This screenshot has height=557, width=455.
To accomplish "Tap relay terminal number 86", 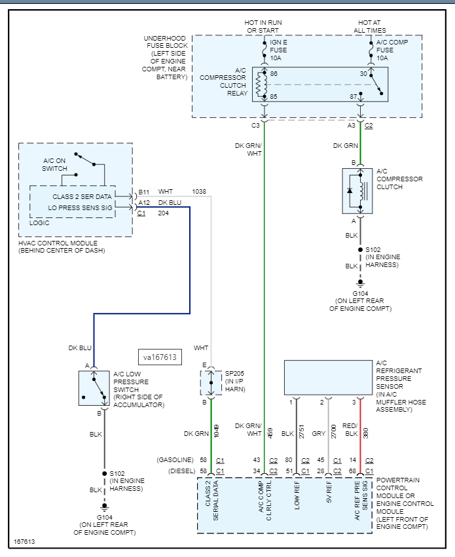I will (273, 74).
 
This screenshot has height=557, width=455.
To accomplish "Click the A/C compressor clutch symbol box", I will (357, 190).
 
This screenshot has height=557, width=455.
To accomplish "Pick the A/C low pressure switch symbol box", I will (94, 387).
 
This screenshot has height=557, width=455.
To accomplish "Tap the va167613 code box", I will (160, 357).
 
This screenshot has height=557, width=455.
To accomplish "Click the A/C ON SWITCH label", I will (55, 164).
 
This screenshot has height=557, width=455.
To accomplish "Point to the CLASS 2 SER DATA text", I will (82, 196).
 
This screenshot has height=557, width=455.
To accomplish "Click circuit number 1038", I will (199, 192).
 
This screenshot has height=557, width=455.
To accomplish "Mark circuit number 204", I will (163, 213).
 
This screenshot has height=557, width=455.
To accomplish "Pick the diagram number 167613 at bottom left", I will (24, 542).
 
